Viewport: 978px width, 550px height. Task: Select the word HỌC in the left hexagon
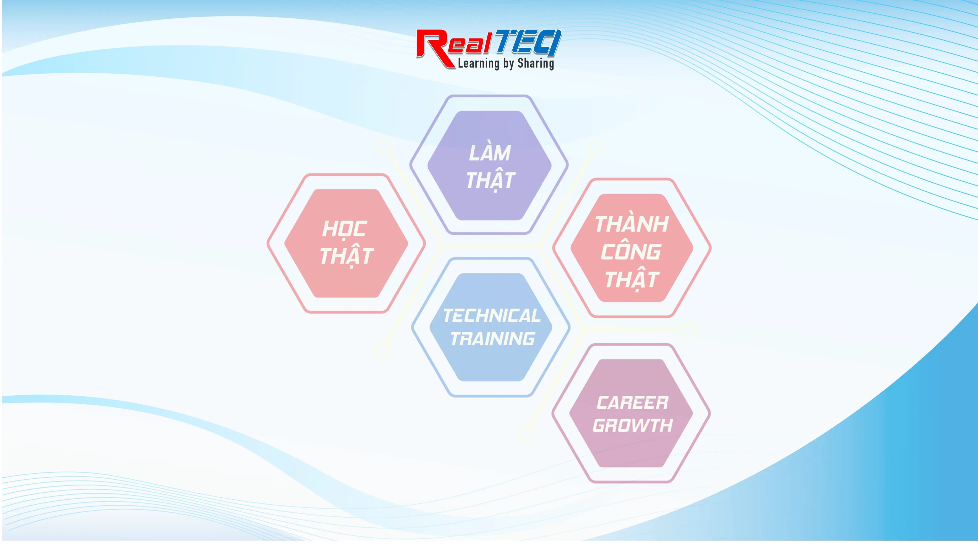click(344, 229)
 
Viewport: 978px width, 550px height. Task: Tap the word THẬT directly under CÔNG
click(632, 279)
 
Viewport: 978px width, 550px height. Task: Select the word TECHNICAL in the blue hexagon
click(492, 316)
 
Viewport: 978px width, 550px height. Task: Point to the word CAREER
click(633, 403)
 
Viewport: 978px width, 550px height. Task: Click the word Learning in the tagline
click(479, 64)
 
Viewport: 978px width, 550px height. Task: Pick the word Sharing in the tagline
click(536, 64)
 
